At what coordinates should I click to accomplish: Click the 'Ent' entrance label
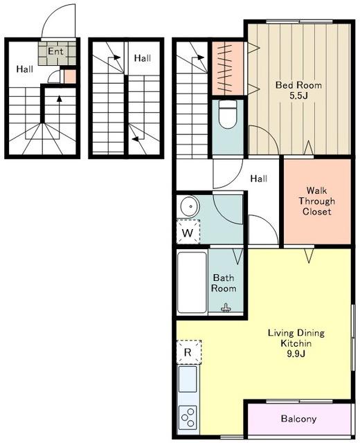coord(55,51)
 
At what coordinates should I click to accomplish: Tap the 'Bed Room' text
coord(298,85)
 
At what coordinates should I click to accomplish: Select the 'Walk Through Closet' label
coord(316,201)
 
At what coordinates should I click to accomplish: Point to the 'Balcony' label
coord(298,419)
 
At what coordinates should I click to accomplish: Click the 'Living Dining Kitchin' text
coord(296,338)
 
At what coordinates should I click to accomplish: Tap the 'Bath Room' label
coord(224,283)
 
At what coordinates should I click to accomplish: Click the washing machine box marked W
coord(188,232)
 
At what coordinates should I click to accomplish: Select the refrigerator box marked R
coord(188,352)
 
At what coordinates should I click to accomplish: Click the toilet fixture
coord(228,114)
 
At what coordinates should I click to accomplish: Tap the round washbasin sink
coord(190,206)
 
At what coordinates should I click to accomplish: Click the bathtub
coord(192,282)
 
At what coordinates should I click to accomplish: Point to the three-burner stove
coord(188,416)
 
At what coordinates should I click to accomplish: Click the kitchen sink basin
coord(188,379)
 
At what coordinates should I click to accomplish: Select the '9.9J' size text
coord(296,354)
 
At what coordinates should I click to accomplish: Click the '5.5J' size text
coord(298,96)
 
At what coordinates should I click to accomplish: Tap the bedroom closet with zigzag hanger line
coord(228,69)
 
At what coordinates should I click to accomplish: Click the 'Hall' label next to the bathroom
coord(258,179)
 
